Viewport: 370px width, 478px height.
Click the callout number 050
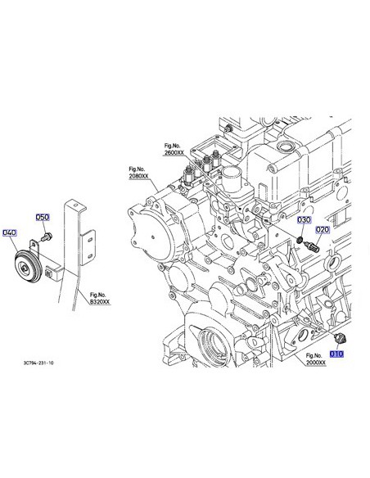[x=43, y=218]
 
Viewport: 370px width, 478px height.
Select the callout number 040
[x=10, y=232]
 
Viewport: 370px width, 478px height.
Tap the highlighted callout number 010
[x=336, y=354]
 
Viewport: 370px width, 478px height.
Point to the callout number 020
[x=323, y=229]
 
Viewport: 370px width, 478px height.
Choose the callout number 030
[x=305, y=220]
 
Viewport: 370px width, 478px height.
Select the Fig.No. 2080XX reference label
[x=138, y=173]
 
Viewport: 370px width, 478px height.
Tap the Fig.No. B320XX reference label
[x=100, y=299]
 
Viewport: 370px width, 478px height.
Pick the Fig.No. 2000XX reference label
[x=316, y=359]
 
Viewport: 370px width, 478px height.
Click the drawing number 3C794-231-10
[x=38, y=363]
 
